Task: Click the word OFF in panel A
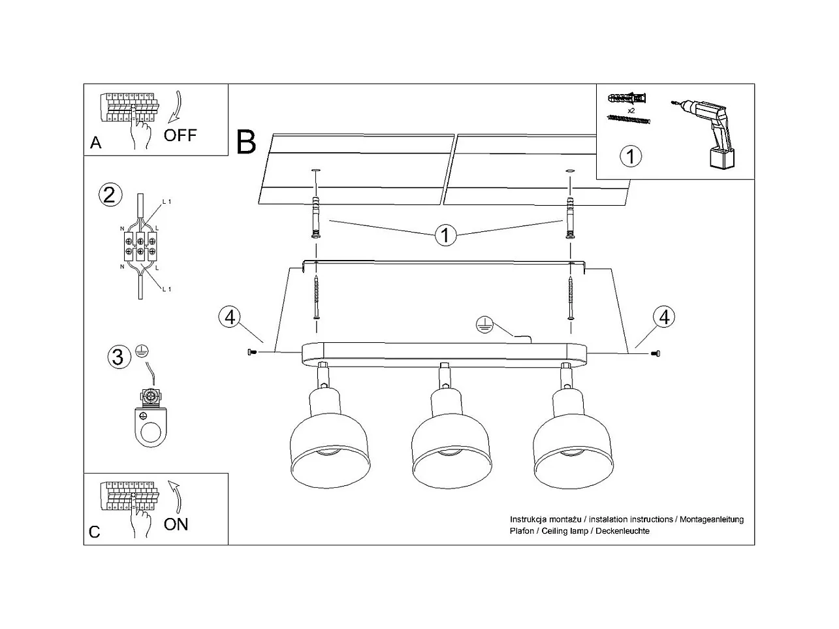(180, 135)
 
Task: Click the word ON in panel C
(176, 524)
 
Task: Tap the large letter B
(246, 142)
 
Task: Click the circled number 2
(109, 195)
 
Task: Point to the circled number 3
(118, 357)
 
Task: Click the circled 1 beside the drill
(631, 156)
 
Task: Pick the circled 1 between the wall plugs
(445, 235)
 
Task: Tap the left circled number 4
(229, 317)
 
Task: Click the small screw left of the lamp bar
(253, 353)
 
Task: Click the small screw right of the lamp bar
(656, 353)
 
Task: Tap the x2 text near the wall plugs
(631, 110)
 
